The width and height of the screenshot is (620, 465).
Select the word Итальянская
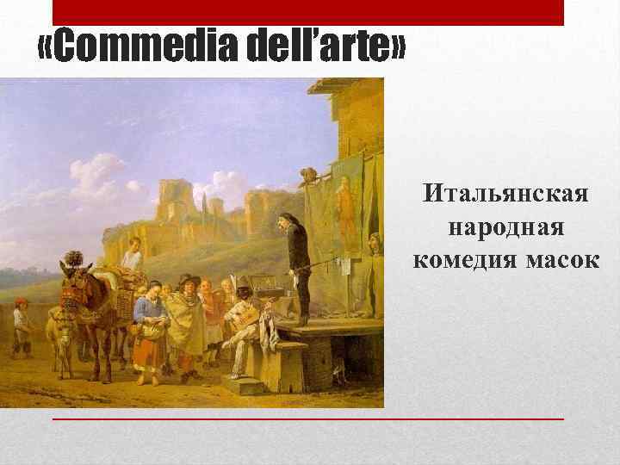click(506, 195)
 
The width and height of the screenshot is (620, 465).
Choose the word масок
click(561, 259)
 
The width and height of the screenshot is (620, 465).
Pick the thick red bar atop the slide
click(308, 12)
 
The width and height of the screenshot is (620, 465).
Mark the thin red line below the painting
click(308, 418)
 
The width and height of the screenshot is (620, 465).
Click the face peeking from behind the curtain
click(374, 241)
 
